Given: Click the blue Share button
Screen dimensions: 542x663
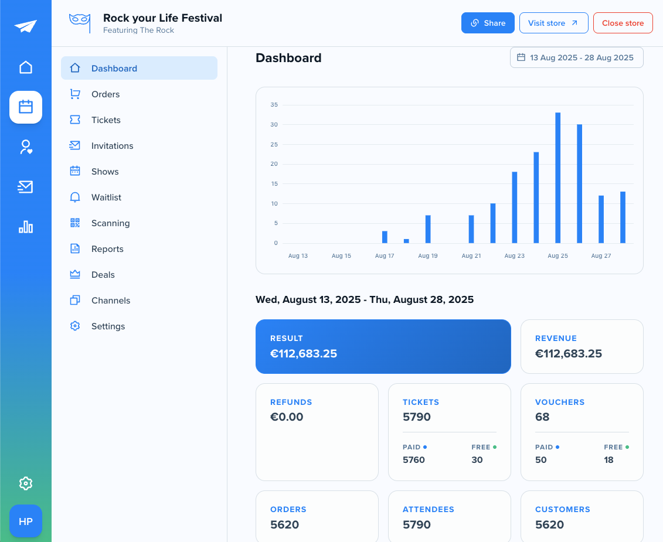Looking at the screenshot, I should [488, 23].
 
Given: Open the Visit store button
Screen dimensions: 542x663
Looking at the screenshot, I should [553, 23].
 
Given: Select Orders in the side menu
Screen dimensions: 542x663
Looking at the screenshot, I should [106, 94].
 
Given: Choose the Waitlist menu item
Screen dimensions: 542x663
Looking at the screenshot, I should [106, 197].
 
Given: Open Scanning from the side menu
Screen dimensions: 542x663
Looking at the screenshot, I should [110, 223].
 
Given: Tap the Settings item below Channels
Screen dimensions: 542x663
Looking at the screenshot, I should [108, 326].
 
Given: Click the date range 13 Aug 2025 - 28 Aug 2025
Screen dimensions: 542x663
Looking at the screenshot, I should [576, 57].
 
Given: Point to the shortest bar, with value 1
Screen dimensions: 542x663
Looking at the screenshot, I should [406, 241].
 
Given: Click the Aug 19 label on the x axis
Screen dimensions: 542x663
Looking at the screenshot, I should [428, 256].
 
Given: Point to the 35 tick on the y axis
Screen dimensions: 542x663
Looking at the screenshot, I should [274, 105].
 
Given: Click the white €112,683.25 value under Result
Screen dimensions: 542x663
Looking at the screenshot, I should [304, 353].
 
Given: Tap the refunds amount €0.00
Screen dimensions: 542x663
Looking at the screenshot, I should [287, 417].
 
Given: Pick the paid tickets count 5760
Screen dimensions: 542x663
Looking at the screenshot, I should [414, 460].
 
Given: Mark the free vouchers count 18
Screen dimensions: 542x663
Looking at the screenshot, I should [608, 460].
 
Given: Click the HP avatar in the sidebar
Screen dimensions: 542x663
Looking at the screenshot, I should [26, 521].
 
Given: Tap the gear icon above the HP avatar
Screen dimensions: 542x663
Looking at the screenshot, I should [26, 483].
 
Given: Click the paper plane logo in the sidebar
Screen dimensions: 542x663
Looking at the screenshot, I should [26, 26].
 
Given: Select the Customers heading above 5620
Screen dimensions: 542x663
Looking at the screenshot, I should [563, 510].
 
